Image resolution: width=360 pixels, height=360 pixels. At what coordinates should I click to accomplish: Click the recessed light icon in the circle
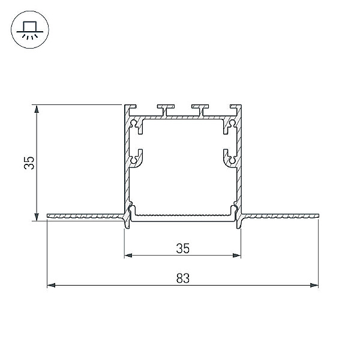30,30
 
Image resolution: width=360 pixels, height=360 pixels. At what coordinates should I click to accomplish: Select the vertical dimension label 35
29,163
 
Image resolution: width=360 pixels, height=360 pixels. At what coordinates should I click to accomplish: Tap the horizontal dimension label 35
183,248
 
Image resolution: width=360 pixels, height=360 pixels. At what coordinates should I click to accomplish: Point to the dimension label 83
183,278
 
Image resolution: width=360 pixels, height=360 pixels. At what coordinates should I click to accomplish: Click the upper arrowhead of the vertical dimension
36,109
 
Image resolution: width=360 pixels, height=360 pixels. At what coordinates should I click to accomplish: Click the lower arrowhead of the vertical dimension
36,217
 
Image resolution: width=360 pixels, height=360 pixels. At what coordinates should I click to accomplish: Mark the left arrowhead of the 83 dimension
51,286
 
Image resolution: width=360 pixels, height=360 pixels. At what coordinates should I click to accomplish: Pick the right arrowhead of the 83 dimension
314,286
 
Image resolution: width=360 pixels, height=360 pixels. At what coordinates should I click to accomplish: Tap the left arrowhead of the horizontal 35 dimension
128,255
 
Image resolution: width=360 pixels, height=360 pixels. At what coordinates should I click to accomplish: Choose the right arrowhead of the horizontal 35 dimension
237,255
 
